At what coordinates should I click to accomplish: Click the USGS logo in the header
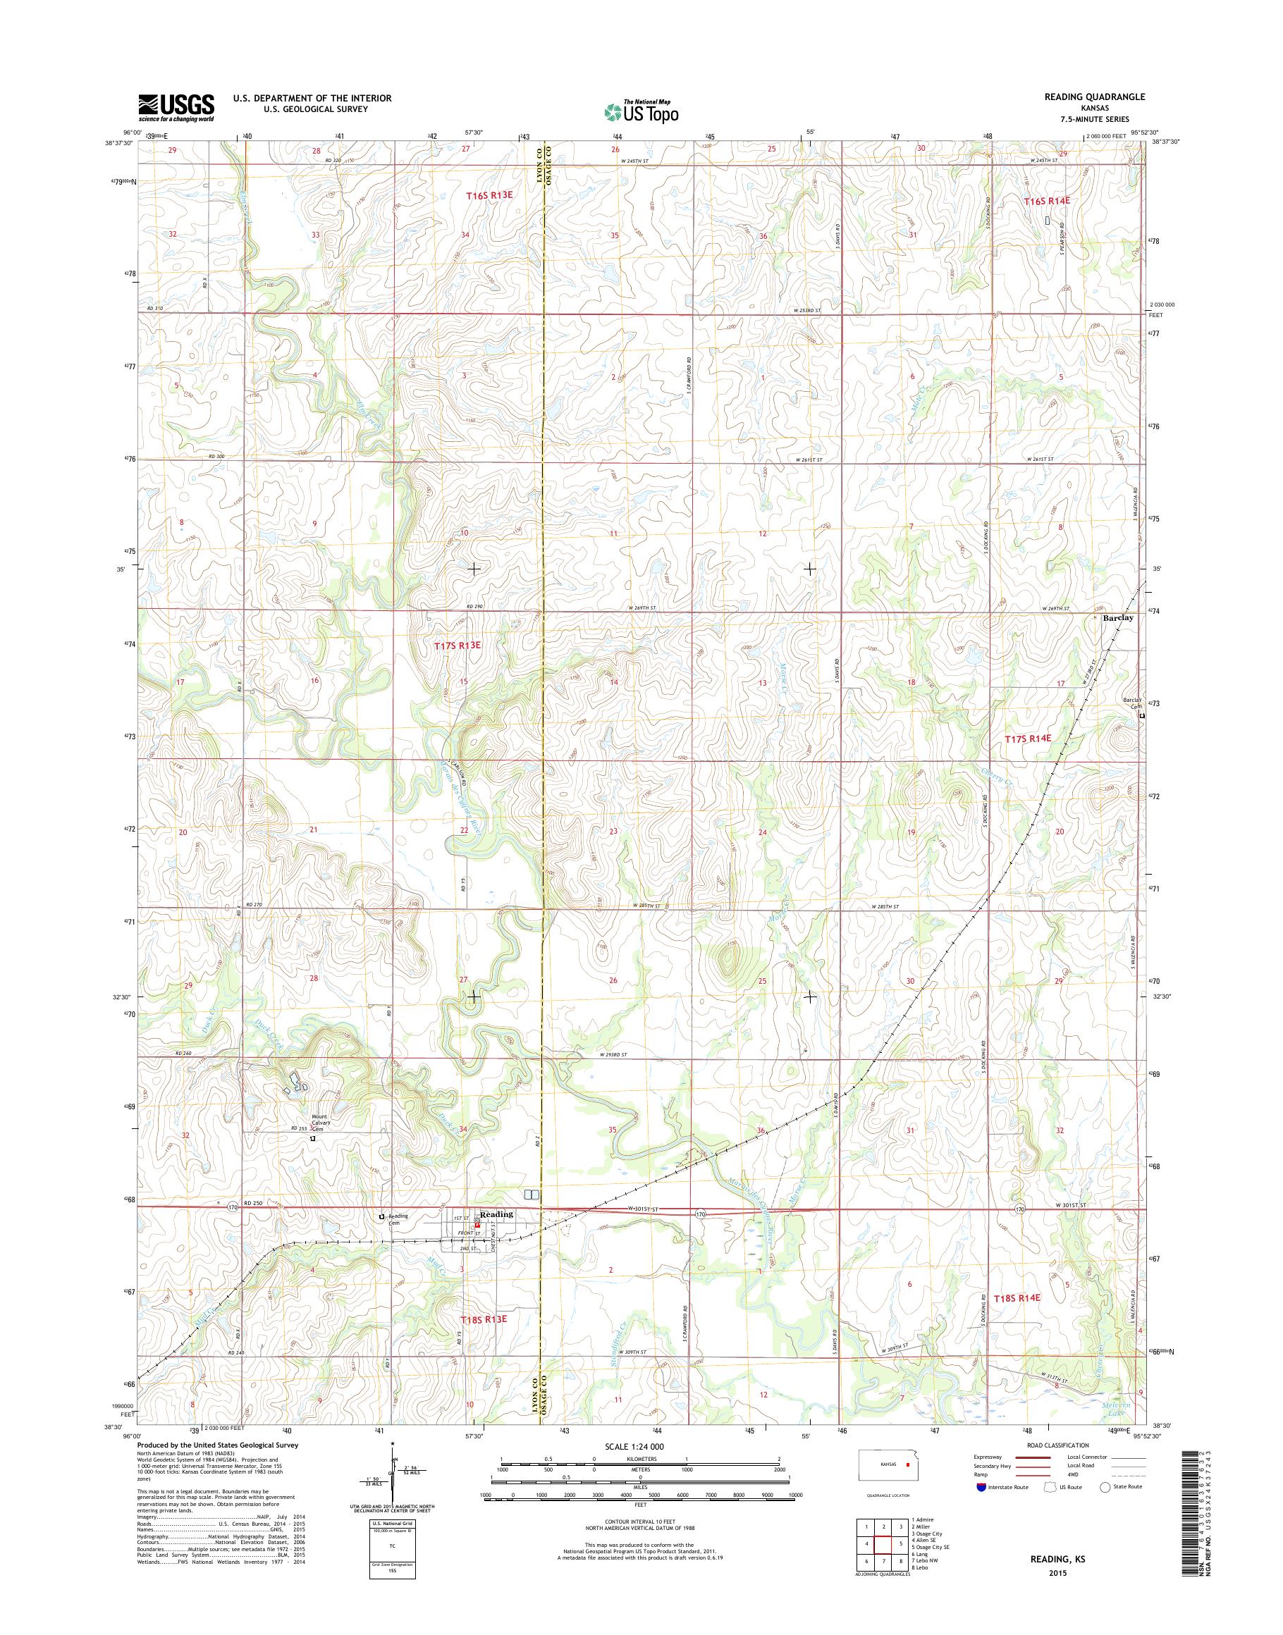[x=176, y=108]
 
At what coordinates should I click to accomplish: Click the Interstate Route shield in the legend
[x=981, y=1486]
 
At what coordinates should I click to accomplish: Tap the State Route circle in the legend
[x=1106, y=1486]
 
